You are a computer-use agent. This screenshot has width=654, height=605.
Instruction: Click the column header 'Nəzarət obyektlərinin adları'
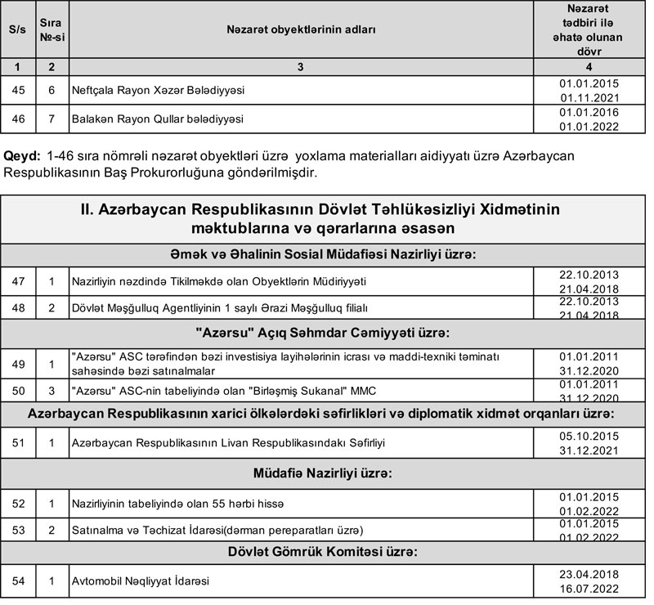[x=301, y=29]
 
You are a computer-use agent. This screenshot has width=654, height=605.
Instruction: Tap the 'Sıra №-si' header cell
[x=52, y=29]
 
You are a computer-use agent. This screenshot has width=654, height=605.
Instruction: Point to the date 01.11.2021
[x=589, y=97]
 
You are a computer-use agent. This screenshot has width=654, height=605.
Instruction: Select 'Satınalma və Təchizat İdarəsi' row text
[x=217, y=529]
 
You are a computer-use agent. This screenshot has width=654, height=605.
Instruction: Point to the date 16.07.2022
[x=589, y=589]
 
